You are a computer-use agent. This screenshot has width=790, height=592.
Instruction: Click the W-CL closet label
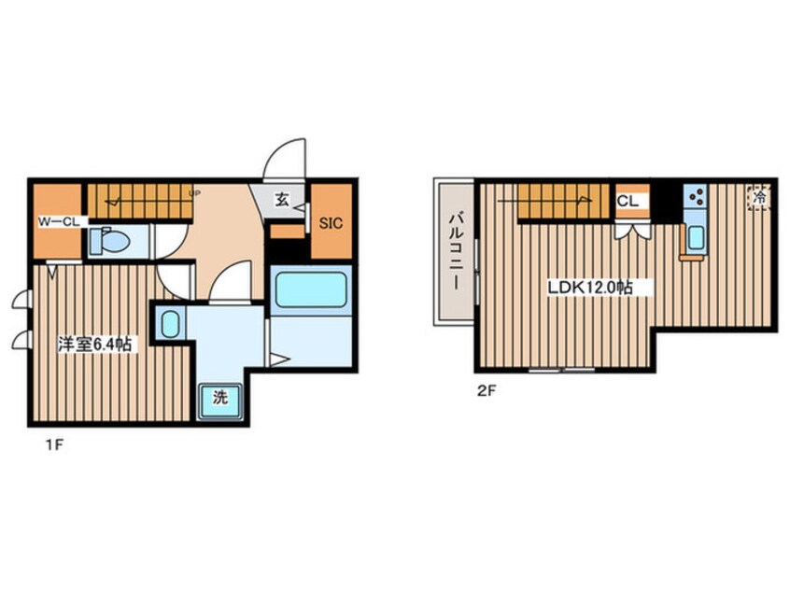coord(59,221)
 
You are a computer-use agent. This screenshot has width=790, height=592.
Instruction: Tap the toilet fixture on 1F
coord(110,241)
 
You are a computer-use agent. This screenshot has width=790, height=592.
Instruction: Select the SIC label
coord(331,222)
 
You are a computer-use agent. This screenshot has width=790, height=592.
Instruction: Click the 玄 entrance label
coord(282,200)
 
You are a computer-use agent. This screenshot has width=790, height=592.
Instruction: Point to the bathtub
coord(311,289)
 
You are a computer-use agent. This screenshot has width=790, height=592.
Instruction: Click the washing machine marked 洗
coord(220,401)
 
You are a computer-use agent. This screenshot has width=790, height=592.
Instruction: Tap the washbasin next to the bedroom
coord(170,324)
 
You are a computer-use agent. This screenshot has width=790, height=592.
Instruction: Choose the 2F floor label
coord(487,390)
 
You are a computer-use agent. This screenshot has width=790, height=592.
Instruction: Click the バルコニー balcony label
coord(456,252)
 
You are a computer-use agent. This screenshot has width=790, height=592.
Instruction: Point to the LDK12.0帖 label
coord(590,288)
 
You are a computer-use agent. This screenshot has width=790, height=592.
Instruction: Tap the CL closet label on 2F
coord(628,202)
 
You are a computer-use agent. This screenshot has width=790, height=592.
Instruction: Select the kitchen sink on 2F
coord(696,237)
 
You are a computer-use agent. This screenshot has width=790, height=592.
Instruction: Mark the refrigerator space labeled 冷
coord(759,198)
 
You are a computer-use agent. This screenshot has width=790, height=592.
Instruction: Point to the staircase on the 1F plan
coord(140,201)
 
